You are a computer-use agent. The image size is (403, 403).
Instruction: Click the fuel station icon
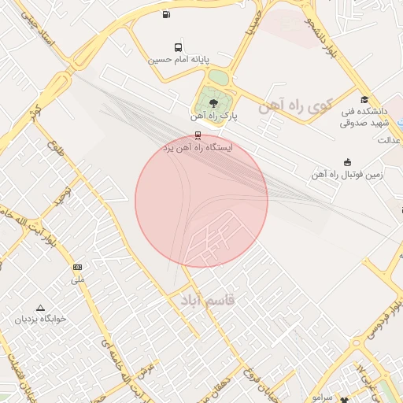(x=165, y=14)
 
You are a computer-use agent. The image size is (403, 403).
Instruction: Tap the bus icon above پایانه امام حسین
(x=178, y=47)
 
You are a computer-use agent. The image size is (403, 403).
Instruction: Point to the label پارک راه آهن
(x=214, y=116)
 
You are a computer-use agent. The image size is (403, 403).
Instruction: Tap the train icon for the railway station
(x=197, y=135)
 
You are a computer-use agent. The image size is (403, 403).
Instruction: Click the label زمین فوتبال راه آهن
(x=346, y=175)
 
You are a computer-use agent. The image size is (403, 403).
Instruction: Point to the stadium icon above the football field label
(x=348, y=162)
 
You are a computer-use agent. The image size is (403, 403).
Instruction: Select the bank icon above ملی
(x=77, y=268)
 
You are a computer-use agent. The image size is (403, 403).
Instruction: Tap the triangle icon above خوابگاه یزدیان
(x=41, y=308)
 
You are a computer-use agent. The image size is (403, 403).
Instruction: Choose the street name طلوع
(x=54, y=146)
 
